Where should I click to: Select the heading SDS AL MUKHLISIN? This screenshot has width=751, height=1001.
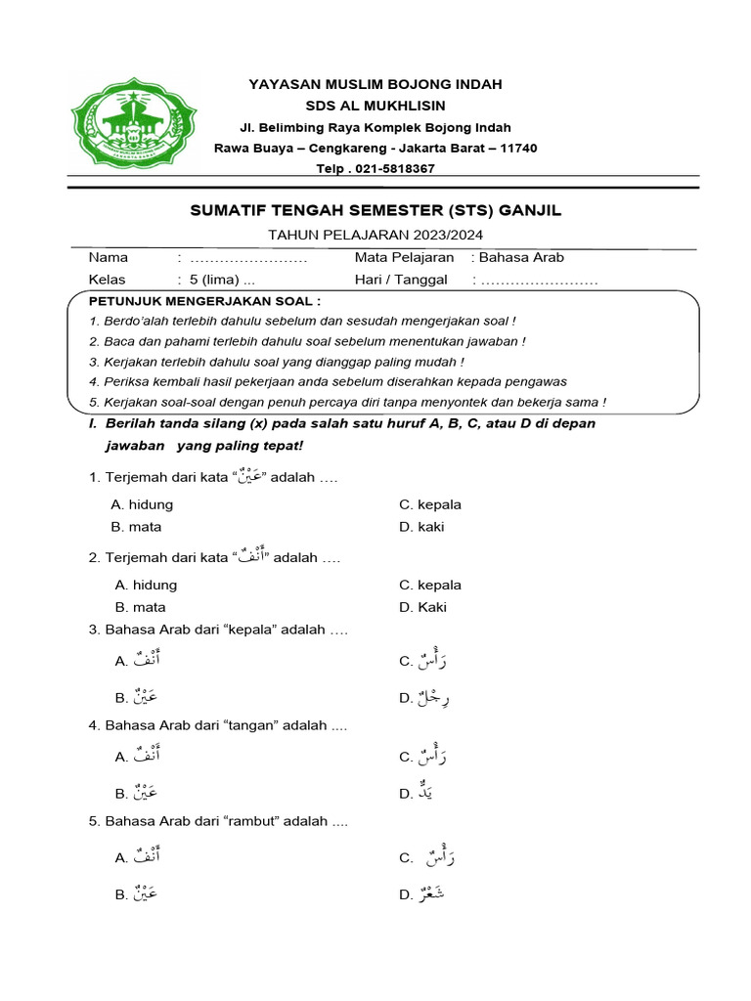(x=375, y=106)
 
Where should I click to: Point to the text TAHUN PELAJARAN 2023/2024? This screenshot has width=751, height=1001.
(x=375, y=235)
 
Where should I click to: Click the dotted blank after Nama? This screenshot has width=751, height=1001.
(x=248, y=259)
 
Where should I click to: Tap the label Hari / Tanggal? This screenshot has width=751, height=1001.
(x=401, y=280)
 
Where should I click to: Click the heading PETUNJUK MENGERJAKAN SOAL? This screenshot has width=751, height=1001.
(x=204, y=300)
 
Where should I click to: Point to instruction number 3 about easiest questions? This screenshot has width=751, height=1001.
(x=276, y=361)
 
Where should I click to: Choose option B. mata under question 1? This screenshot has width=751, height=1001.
(x=137, y=526)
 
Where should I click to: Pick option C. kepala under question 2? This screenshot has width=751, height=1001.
(x=430, y=585)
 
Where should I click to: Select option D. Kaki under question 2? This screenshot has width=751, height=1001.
(x=422, y=607)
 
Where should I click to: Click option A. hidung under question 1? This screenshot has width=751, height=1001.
(x=143, y=504)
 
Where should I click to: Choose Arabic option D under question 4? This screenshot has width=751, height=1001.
(x=417, y=793)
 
